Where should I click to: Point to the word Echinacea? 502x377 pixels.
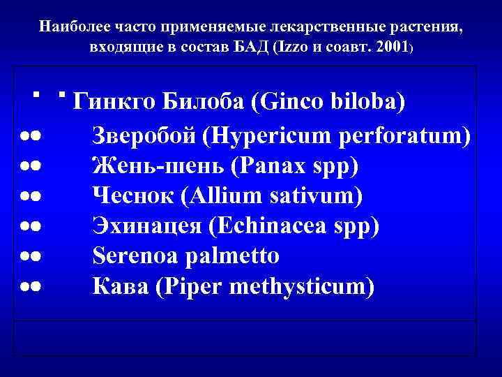click(277, 226)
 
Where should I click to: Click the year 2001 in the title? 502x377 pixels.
click(392, 49)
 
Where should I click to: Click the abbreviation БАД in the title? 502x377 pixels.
click(255, 49)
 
